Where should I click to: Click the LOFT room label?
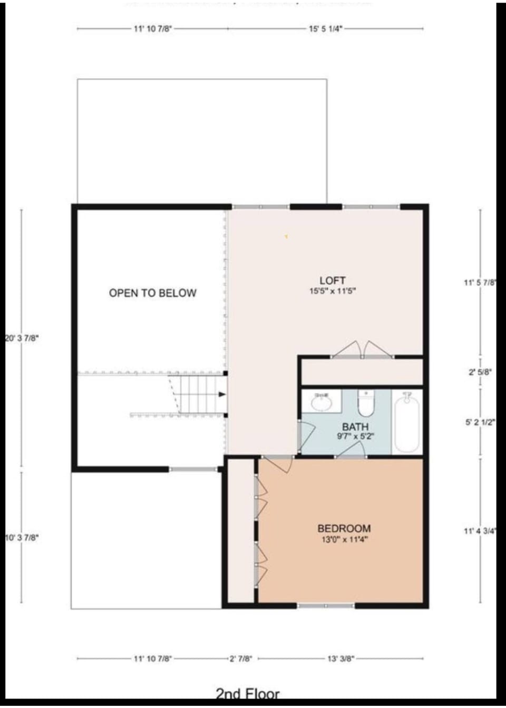tap(332, 281)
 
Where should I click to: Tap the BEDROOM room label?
tap(344, 528)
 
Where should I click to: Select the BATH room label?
tap(355, 427)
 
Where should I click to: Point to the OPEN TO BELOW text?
tap(152, 293)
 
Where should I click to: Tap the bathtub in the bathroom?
tap(406, 423)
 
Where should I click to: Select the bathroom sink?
tap(321, 403)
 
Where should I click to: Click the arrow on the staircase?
tap(222, 394)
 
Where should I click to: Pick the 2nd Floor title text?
tap(248, 694)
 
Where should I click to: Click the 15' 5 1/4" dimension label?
tap(325, 29)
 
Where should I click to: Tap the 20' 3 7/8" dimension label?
tap(22, 338)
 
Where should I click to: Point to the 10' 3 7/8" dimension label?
tap(22, 537)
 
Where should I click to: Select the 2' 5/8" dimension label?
tap(480, 372)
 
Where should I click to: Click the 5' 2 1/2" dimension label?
tap(480, 422)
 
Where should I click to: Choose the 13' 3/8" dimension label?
tap(340, 659)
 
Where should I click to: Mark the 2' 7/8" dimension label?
tap(241, 659)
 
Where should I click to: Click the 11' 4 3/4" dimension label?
tap(480, 531)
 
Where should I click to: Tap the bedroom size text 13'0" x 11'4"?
tap(344, 540)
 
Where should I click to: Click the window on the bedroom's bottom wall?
tap(326, 606)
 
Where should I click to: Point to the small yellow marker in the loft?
tap(286, 237)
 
